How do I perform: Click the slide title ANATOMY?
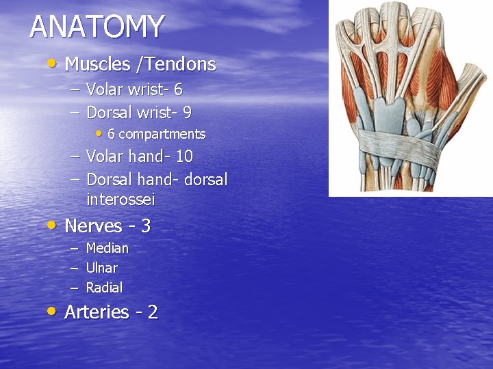coord(97,27)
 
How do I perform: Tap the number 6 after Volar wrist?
coord(178,90)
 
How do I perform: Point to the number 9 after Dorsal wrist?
coord(187,112)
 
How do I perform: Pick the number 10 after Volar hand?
coord(184,156)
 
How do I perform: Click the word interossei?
coord(121,200)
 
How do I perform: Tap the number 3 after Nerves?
coord(146,226)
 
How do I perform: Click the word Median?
coord(107,248)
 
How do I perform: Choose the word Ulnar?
coord(101,268)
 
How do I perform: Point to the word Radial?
coord(104,288)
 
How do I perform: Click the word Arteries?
coord(97,312)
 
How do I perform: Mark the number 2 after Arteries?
coord(153,312)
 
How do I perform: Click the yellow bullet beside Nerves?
coord(52,225)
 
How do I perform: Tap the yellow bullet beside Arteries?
coord(52,311)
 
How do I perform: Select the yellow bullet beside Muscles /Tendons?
coord(52,64)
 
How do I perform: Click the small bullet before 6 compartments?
coord(100,133)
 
